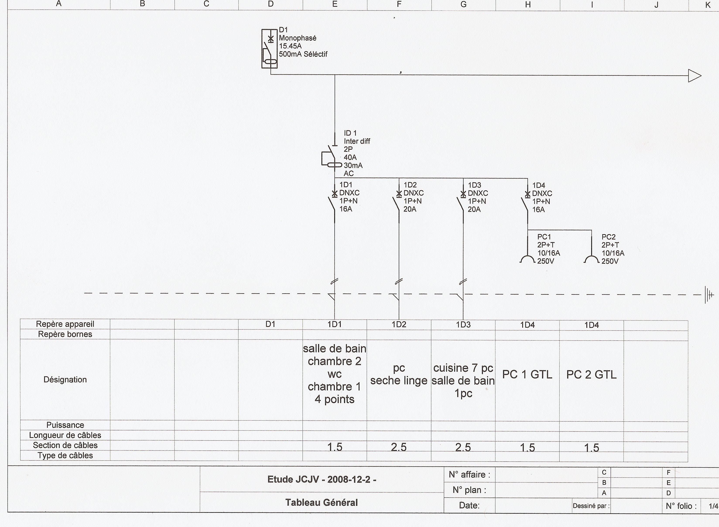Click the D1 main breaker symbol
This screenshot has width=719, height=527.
click(270, 49)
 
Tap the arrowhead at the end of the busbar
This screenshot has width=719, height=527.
click(694, 76)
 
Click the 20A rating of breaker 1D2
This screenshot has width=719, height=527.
click(410, 209)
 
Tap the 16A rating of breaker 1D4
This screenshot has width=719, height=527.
click(538, 210)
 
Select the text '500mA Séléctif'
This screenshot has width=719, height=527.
click(303, 54)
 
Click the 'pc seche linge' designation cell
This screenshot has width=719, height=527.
click(399, 374)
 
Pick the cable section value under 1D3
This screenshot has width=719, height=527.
click(463, 447)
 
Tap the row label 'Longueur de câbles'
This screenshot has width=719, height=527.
click(65, 435)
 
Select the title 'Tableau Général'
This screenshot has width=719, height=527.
click(322, 502)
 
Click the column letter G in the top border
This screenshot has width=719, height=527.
click(464, 4)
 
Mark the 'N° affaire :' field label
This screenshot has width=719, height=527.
click(469, 475)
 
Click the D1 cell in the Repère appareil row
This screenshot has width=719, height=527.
click(270, 324)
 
